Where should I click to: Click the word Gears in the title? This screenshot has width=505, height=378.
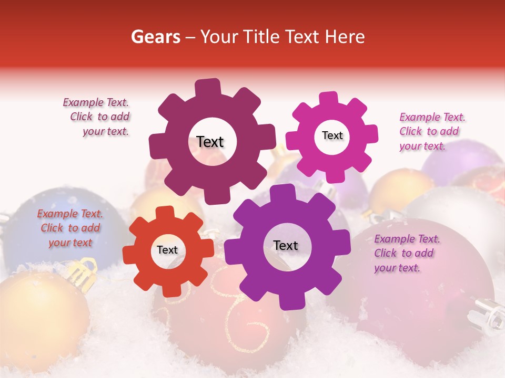coord(155,37)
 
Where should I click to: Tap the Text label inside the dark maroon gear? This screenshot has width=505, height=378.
coord(210,142)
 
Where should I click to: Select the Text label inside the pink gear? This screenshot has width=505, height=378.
coord(332,135)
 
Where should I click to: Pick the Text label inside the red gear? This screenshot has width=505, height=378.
coord(167,250)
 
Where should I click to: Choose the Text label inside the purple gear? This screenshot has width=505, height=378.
coord(286,246)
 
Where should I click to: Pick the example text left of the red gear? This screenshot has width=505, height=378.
coord(70,228)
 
